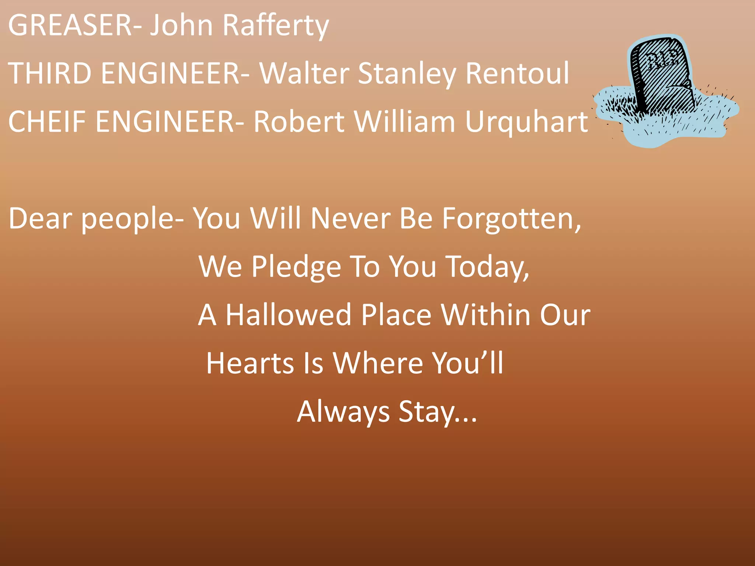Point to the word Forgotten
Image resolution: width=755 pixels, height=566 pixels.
[x=511, y=219]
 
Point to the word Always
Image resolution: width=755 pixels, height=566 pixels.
[x=343, y=412]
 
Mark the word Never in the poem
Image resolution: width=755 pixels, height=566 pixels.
[x=350, y=219]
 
